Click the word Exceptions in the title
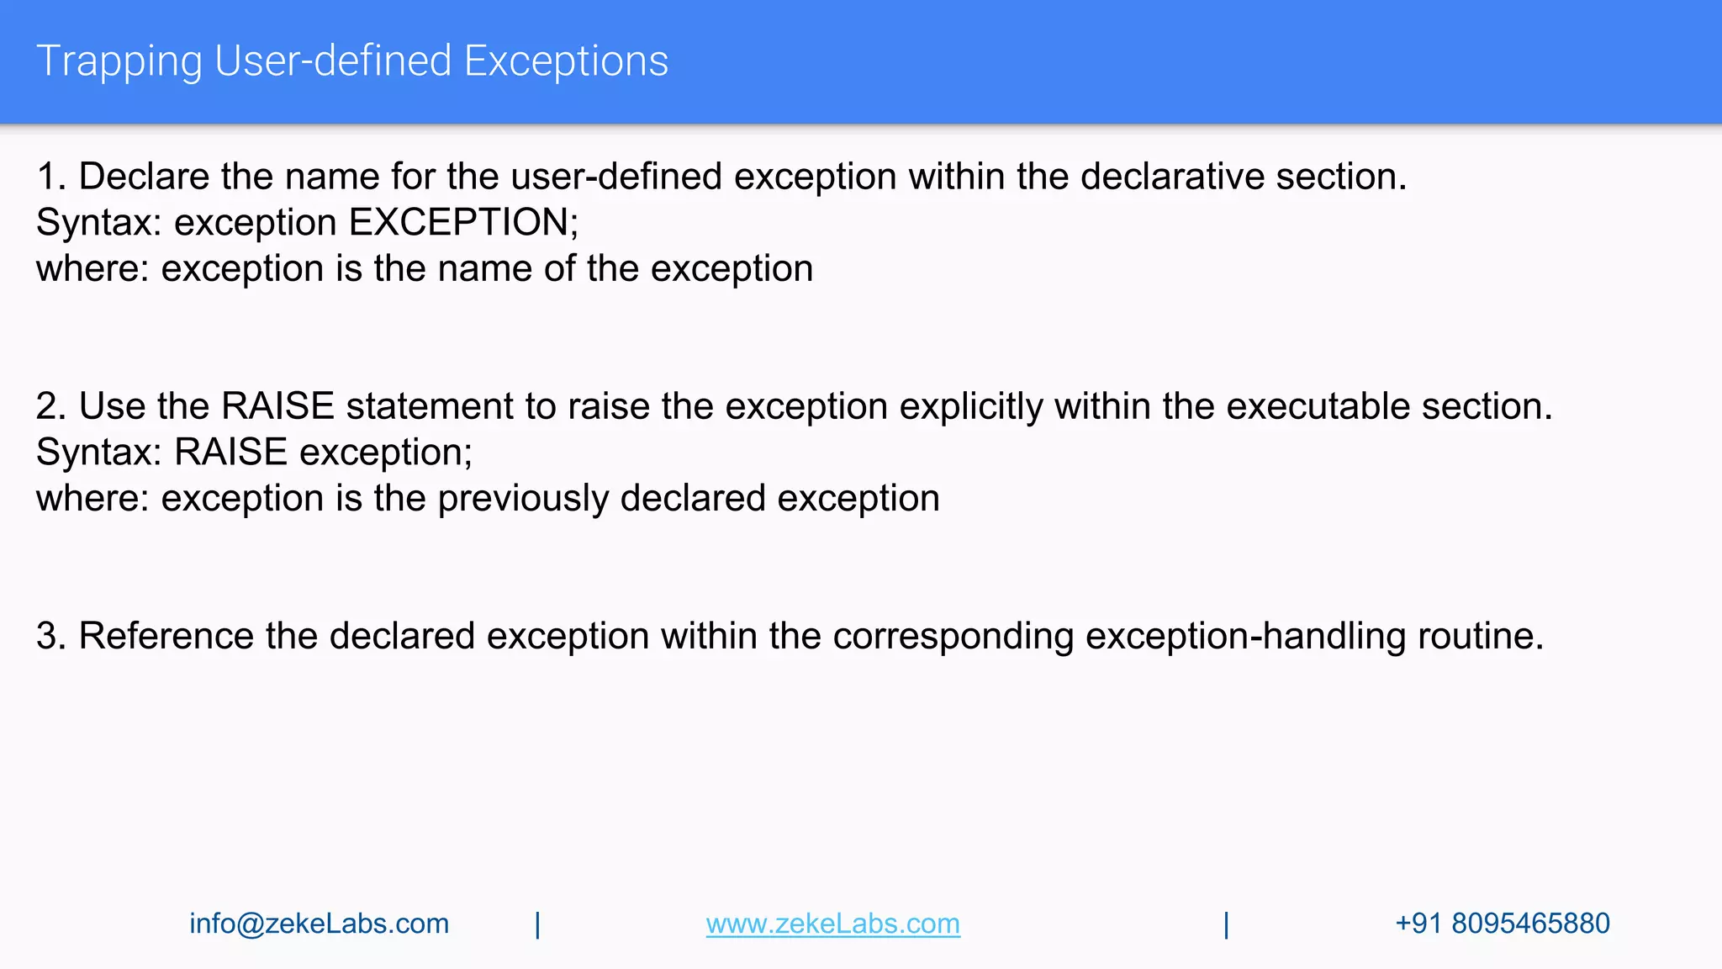click(x=566, y=62)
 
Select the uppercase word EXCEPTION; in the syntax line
click(x=463, y=223)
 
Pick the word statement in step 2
click(x=430, y=407)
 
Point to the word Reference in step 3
click(x=166, y=636)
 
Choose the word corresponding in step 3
click(x=953, y=636)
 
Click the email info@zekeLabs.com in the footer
click(x=319, y=924)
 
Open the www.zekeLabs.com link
click(x=832, y=924)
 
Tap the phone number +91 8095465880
click(x=1502, y=924)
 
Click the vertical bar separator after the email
click(x=537, y=924)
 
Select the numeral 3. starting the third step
click(x=50, y=636)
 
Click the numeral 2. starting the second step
click(x=50, y=407)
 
